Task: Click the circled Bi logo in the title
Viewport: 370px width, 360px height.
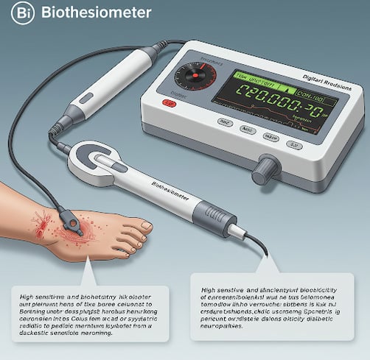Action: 22,13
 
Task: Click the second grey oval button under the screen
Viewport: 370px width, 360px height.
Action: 249,130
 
